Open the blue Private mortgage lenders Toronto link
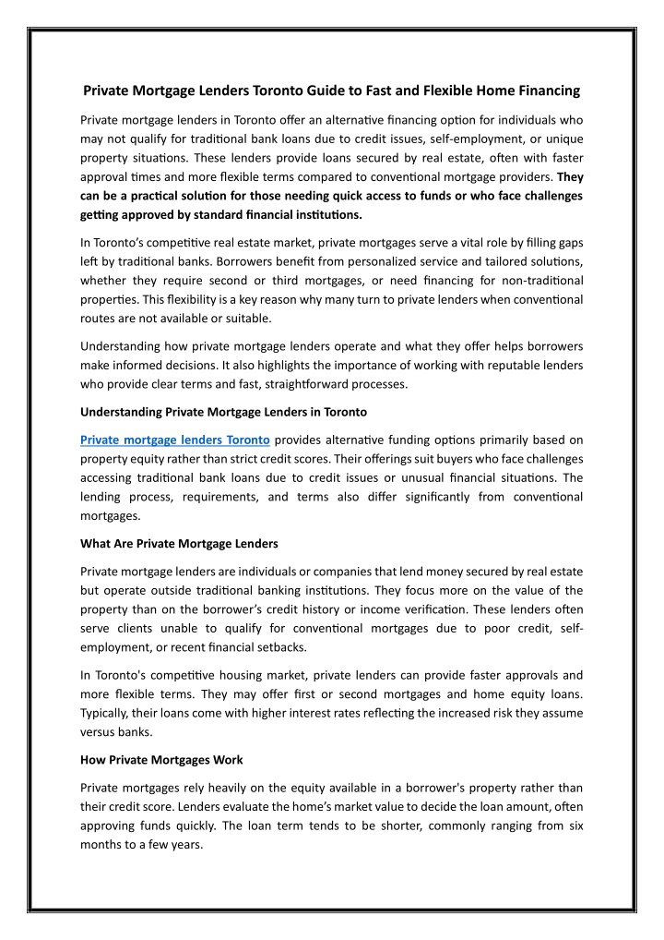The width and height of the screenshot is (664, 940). coord(175,414)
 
